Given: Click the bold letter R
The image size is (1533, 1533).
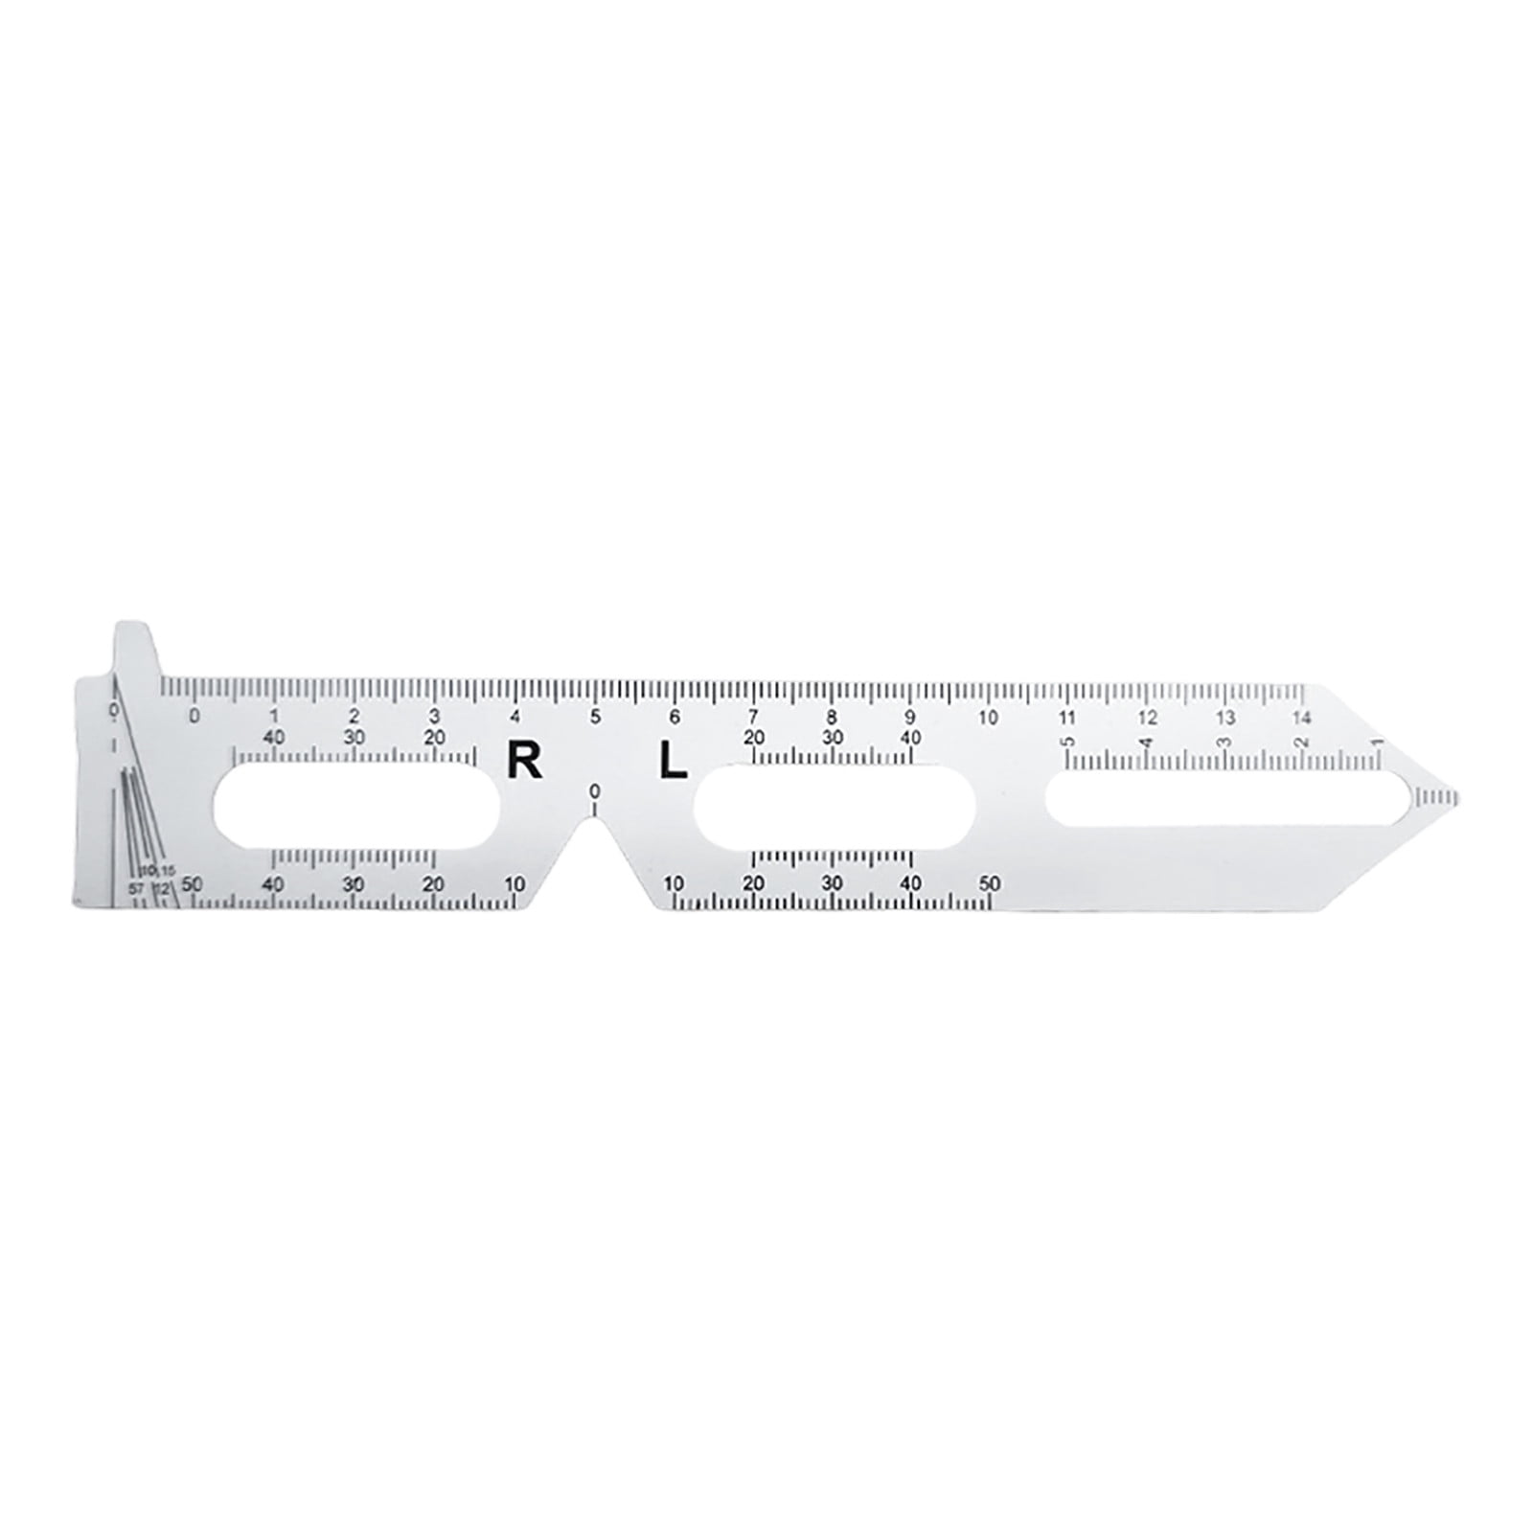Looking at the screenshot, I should point(523,763).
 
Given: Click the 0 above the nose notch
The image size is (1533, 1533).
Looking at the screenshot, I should point(594,791).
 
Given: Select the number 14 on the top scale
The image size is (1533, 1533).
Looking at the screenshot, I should point(1300,718).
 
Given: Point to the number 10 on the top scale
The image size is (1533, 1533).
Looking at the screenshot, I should point(988,718).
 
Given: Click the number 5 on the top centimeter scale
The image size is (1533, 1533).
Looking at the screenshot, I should point(595,717).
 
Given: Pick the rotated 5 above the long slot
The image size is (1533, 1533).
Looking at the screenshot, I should point(1066,741).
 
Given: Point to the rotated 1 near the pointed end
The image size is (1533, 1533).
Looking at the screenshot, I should point(1377,741).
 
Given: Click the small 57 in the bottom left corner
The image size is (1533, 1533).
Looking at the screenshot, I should point(136,888).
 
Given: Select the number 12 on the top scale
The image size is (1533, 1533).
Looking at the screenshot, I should point(1147,718).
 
